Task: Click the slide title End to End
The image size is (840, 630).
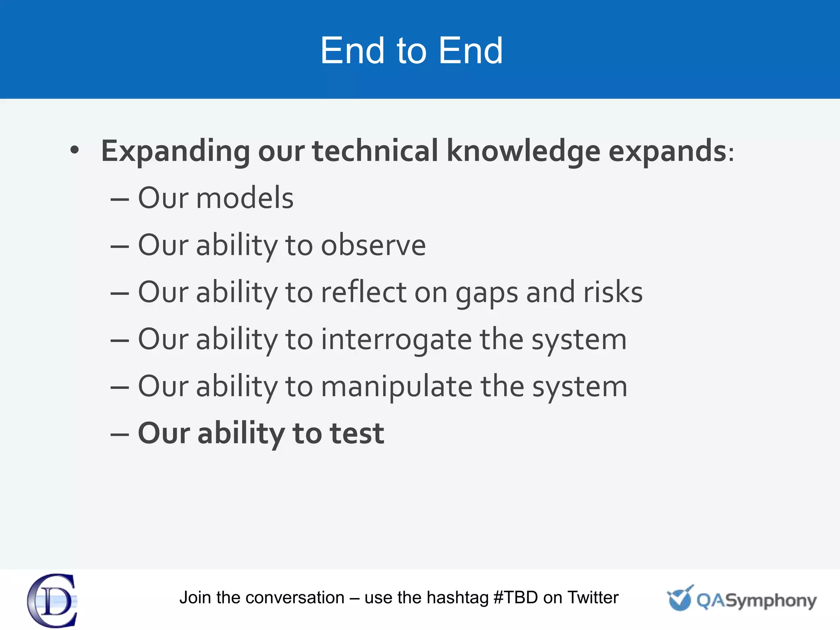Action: (411, 51)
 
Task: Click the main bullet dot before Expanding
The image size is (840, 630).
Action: (74, 150)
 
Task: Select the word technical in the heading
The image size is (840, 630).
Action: (375, 151)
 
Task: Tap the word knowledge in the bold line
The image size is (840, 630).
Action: (523, 151)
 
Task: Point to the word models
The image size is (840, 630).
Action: (245, 198)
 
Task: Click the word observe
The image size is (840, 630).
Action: (373, 245)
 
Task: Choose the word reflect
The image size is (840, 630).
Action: (364, 292)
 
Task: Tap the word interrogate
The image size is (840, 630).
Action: (396, 340)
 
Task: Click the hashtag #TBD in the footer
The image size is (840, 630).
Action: (516, 598)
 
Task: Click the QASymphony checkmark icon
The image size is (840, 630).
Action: (680, 598)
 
